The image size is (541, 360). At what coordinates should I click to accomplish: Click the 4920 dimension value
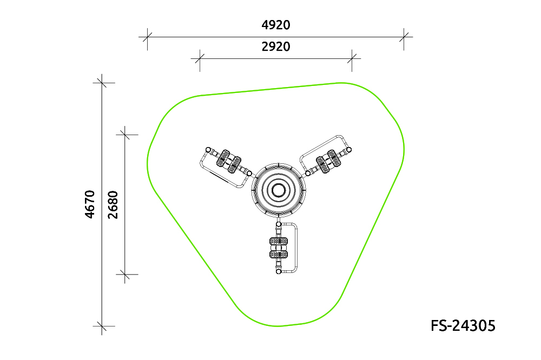(276, 25)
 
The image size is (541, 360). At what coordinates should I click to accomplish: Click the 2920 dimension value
(276, 46)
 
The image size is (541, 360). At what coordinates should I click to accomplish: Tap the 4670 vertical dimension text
(90, 204)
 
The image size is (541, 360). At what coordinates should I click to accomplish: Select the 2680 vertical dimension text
(113, 204)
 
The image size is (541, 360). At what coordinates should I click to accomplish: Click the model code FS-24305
(463, 325)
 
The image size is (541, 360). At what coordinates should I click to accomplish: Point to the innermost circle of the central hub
(279, 190)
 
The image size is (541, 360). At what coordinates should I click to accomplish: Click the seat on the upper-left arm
(229, 162)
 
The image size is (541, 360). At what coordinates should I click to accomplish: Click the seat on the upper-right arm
(328, 162)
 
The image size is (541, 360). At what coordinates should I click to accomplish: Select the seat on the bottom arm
(279, 248)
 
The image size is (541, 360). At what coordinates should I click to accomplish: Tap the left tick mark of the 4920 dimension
(147, 37)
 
